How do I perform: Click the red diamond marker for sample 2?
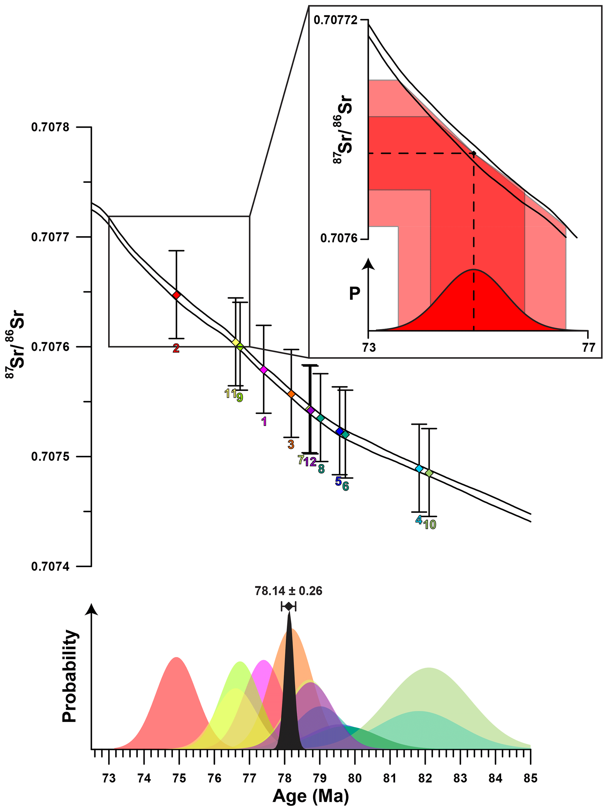click(176, 295)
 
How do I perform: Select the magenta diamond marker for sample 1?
click(264, 369)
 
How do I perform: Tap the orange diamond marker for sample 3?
click(291, 394)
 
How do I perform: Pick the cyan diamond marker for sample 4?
click(419, 469)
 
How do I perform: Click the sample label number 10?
click(430, 525)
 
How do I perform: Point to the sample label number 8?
click(321, 469)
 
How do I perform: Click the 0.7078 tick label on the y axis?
click(50, 128)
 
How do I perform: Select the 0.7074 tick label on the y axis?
click(50, 567)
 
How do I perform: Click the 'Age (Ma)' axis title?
click(311, 797)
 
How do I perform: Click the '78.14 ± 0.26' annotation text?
click(289, 591)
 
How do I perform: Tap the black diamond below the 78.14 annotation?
click(289, 607)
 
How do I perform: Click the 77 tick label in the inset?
click(589, 347)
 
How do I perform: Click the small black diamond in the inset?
click(474, 153)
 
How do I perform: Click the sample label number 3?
click(291, 445)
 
